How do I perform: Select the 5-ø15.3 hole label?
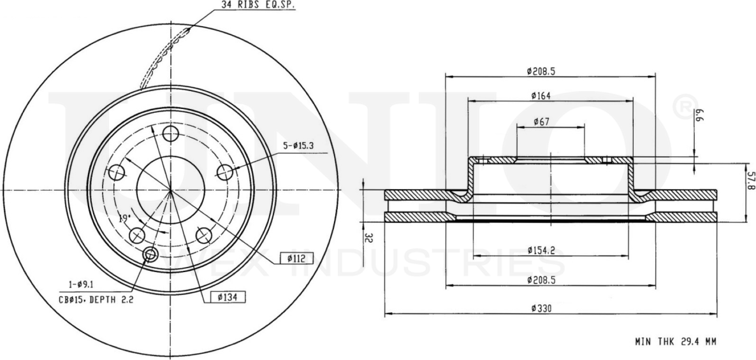click(299, 145)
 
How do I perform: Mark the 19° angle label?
click(124, 219)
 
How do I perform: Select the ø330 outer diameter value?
click(541, 309)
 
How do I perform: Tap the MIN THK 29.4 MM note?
click(675, 342)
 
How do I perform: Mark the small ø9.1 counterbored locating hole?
click(151, 255)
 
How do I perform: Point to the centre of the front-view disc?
click(170, 190)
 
